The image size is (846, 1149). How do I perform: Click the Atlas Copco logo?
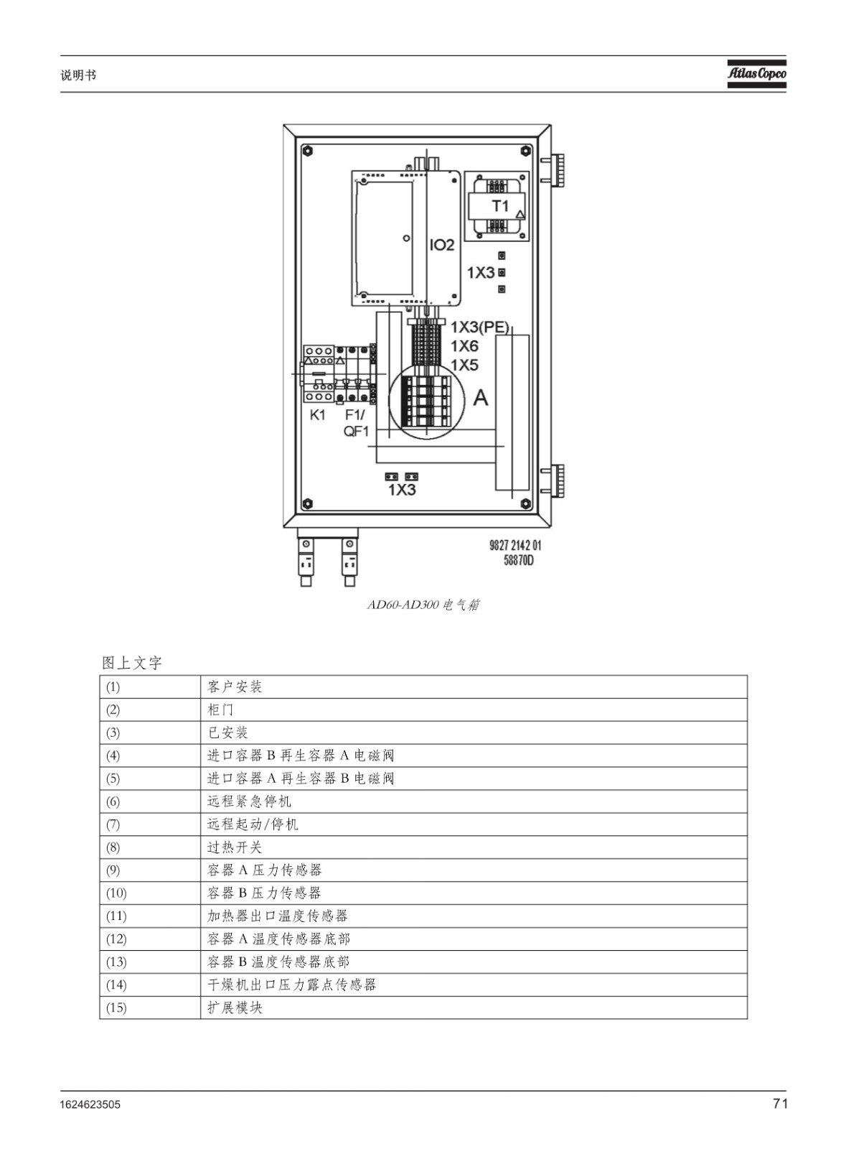756,74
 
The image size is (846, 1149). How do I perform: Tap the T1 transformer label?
500,206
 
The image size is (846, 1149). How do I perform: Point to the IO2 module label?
442,245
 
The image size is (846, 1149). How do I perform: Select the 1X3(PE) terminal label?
479,327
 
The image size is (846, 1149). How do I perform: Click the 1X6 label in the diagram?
464,346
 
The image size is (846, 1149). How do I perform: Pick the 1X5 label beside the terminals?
464,366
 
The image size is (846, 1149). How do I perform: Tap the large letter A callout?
480,398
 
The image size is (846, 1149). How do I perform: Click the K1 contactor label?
318,415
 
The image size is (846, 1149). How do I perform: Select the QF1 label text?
356,432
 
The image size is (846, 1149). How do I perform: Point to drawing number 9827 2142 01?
515,545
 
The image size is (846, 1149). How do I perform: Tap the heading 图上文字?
132,663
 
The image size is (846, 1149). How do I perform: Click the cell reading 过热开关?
234,847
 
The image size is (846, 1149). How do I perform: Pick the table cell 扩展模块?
235,1008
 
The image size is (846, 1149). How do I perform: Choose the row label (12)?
116,939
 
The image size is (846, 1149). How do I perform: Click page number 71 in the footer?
780,1103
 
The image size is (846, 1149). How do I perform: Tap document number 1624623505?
90,1104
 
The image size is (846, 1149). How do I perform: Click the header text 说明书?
78,75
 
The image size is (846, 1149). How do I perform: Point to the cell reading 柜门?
220,710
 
